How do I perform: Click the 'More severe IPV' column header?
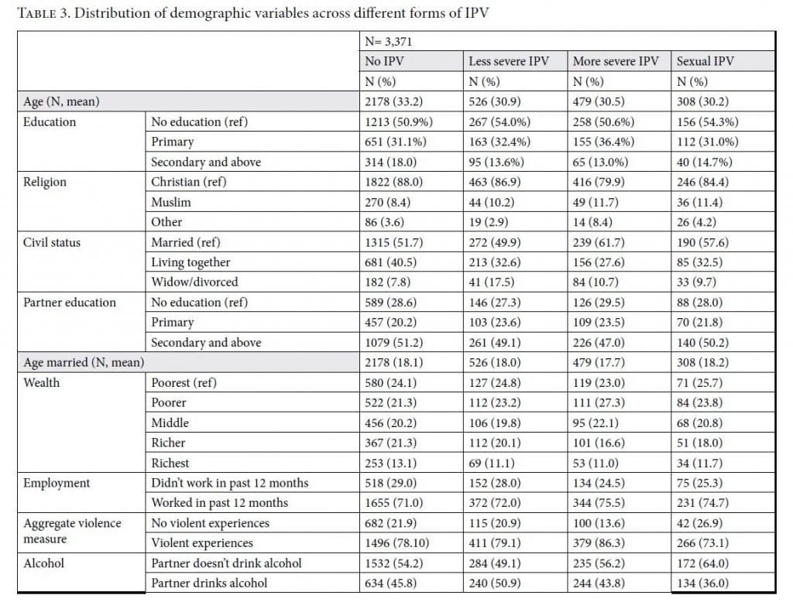click(616, 61)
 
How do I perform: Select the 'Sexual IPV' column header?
click(705, 61)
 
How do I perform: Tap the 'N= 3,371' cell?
click(389, 42)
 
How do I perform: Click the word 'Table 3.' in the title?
click(43, 13)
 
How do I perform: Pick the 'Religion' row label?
click(44, 182)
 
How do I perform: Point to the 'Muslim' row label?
click(171, 202)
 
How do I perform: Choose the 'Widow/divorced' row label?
click(194, 282)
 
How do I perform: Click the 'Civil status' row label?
click(52, 242)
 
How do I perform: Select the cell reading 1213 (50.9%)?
click(399, 121)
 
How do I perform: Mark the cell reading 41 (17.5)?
click(491, 282)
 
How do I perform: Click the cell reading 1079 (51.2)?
click(393, 343)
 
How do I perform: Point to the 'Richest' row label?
click(170, 463)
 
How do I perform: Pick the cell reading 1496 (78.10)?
click(397, 542)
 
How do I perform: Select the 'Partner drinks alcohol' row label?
click(209, 583)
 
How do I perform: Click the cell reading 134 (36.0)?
click(702, 583)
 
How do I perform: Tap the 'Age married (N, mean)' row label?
click(84, 362)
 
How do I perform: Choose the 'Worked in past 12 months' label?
click(219, 503)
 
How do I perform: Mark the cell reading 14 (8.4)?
click(592, 222)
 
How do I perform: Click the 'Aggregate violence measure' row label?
click(72, 531)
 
